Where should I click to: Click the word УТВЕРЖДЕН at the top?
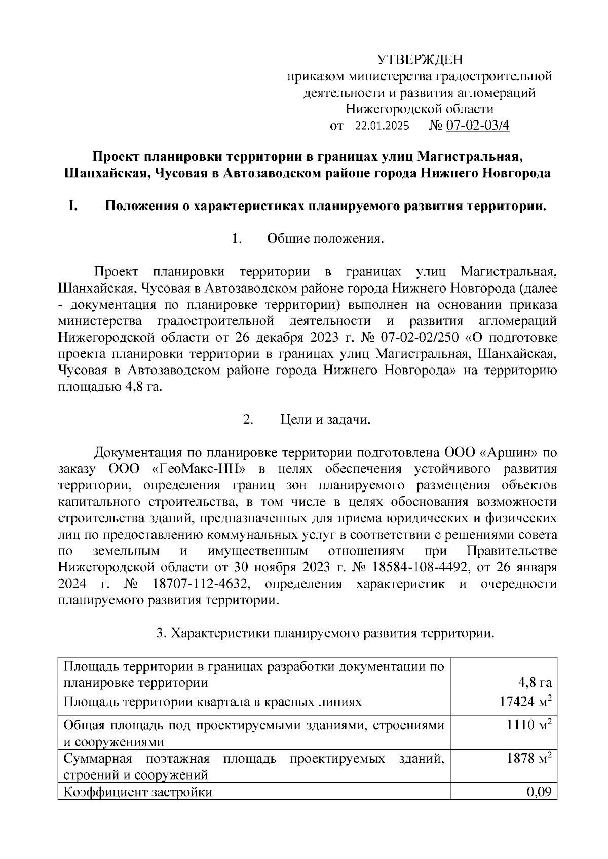tap(420, 60)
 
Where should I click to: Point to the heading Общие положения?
tap(326, 239)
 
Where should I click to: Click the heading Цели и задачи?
tap(326, 420)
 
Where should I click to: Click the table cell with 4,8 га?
tap(535, 682)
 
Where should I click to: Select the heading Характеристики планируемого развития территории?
tap(332, 633)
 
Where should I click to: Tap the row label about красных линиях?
tap(213, 702)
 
